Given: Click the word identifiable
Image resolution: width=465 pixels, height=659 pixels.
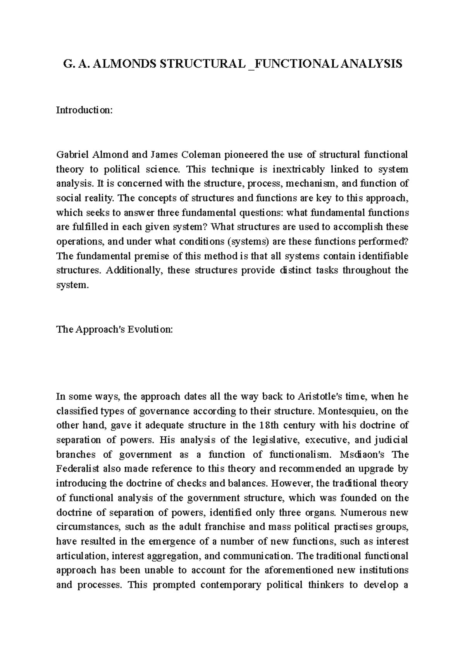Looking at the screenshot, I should pyautogui.click(x=383, y=256).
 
